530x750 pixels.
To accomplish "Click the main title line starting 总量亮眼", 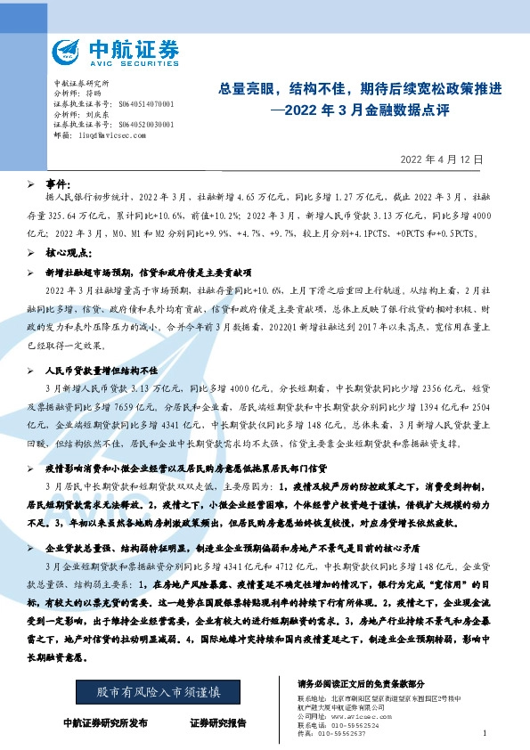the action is coord(361,89).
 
